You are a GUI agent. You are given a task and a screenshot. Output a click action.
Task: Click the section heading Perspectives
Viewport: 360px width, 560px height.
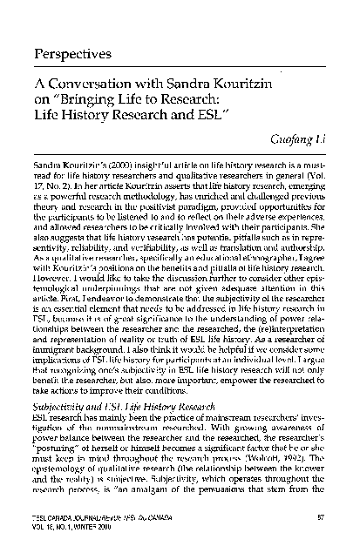point(74,54)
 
